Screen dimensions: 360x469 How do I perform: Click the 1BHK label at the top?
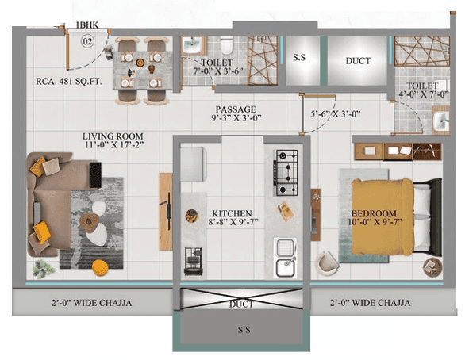click(x=88, y=25)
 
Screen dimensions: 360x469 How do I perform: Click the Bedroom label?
click(x=374, y=214)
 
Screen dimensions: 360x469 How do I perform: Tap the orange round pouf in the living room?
click(x=101, y=266)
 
